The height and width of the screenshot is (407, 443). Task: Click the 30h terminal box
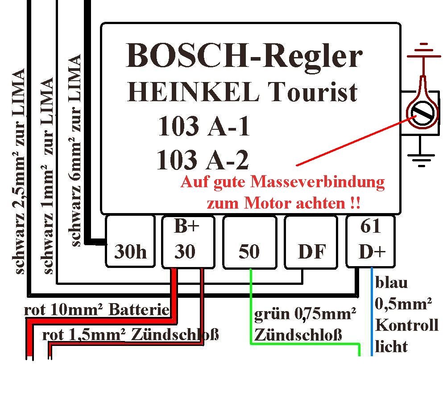point(130,241)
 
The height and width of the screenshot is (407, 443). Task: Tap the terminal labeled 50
point(249,243)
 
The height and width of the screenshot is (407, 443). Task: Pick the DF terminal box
point(311,243)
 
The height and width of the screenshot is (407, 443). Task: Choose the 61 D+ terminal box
point(370,241)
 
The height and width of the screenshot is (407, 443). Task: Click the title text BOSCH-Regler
point(244,56)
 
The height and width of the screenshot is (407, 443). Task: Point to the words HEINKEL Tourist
point(242,91)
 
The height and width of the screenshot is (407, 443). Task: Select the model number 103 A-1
point(204,126)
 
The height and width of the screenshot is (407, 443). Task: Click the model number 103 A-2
point(203,160)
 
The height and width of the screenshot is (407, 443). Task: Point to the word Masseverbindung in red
point(318,183)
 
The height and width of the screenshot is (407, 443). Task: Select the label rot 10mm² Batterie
point(97,310)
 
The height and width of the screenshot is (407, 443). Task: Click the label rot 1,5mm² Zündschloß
point(131,335)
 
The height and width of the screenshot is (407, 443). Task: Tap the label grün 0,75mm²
point(305,314)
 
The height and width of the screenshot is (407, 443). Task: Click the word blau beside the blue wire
point(391,283)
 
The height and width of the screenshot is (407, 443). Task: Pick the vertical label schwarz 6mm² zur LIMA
point(75,150)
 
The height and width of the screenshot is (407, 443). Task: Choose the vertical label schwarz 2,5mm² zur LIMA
point(18,171)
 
